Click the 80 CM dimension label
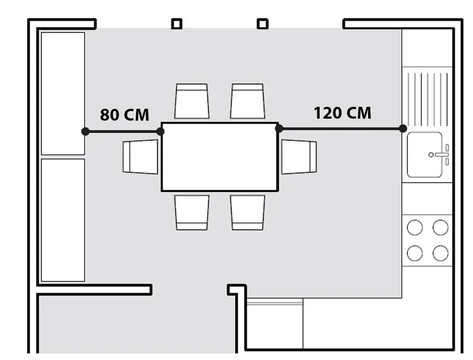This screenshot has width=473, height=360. pos(125,115)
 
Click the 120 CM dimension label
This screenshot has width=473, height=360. pos(342,113)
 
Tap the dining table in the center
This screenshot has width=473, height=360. pos(220,157)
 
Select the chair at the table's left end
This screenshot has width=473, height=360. pos(141,156)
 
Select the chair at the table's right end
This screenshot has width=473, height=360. pos(299,156)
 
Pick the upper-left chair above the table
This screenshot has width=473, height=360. pos(192,101)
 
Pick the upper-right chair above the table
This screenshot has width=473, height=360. pos(248,101)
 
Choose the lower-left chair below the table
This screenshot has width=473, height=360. pos(192,213)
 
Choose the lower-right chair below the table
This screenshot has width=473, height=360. pos(248,213)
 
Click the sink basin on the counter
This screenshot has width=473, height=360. pos(425,155)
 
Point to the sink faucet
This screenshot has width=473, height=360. pos(440,155)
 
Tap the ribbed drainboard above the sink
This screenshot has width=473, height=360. pos(427,99)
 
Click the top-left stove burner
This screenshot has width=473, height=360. pos(415,227)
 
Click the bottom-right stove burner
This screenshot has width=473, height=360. pos(440,253)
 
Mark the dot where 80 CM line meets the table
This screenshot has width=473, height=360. pos(160,132)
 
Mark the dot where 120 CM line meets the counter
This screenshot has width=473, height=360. pos(403,129)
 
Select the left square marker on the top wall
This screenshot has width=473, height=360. pos(177,24)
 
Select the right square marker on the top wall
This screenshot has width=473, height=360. pos(263,24)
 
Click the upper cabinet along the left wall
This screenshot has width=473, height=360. pos(63,93)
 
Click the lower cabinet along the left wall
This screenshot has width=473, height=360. pos(63,220)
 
